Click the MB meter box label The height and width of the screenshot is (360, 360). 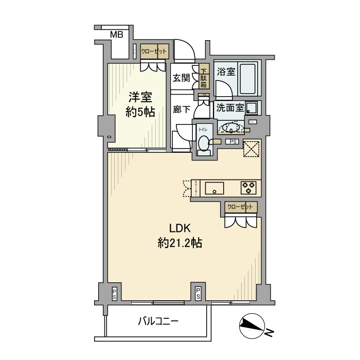tap(117, 35)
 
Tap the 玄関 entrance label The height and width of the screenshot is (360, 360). tap(181, 78)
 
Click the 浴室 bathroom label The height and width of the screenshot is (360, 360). tap(226, 71)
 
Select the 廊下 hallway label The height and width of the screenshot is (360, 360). tap(181, 109)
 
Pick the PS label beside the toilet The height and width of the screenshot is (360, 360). tap(233, 141)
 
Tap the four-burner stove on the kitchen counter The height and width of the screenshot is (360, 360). tap(249, 188)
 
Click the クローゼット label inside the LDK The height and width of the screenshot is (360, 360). tap(241, 207)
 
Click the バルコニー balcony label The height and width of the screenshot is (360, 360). tap(158, 322)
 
